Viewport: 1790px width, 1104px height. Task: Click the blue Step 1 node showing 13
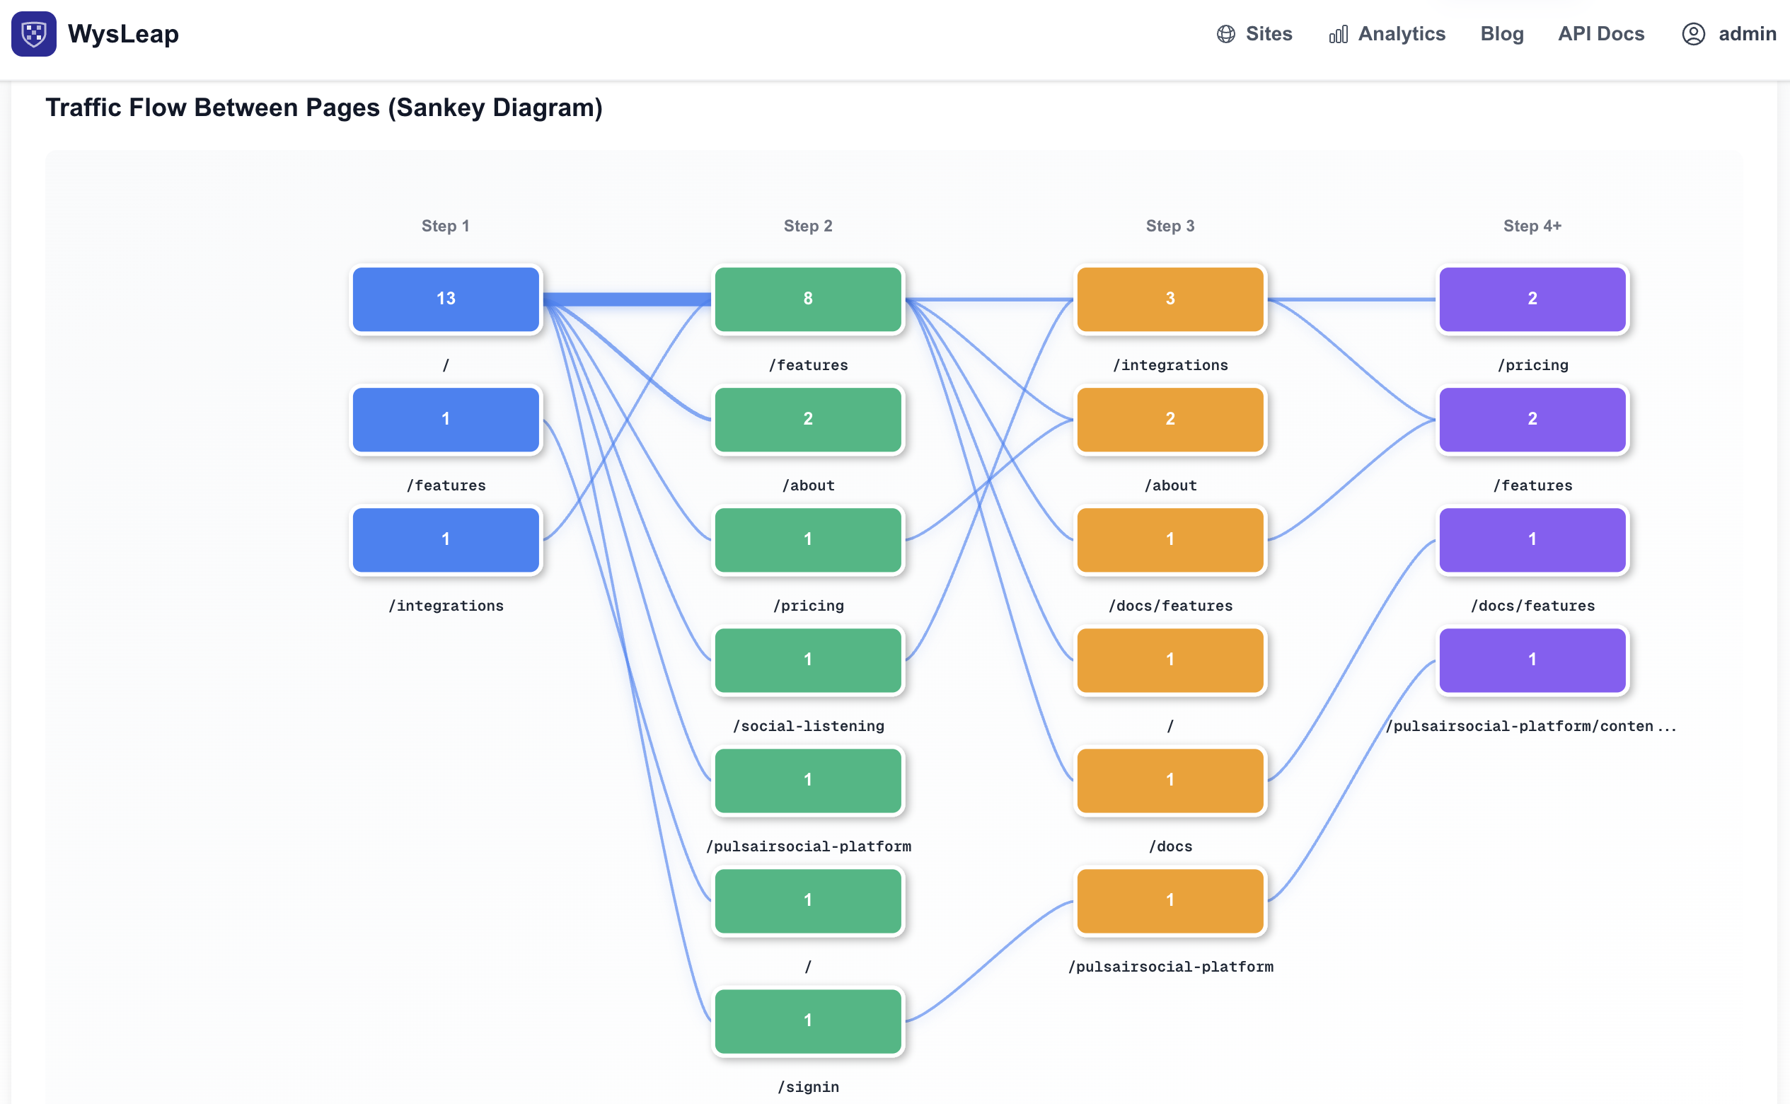pos(445,299)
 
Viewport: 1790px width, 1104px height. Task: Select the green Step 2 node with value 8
pos(807,299)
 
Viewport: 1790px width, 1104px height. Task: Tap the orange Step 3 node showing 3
pos(1170,299)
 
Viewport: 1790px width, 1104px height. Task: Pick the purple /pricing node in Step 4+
pos(1532,299)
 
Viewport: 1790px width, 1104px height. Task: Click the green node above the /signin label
pos(807,1020)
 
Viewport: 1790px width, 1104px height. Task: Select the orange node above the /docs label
pos(1170,780)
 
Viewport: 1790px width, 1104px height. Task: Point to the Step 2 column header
pos(807,226)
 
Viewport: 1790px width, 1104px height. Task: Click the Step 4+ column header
pos(1532,226)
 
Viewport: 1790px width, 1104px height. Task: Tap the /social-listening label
pos(807,726)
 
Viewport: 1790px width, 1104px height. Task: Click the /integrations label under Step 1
pos(445,605)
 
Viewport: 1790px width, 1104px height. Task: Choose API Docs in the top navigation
pos(1600,33)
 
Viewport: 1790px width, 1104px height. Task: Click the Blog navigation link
pos(1501,33)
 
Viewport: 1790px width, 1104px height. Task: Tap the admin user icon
pos(1693,33)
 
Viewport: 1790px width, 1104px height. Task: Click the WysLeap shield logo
pos(33,33)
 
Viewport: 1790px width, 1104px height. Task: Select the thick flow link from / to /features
pos(626,299)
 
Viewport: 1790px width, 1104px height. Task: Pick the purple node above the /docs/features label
pos(1532,539)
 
